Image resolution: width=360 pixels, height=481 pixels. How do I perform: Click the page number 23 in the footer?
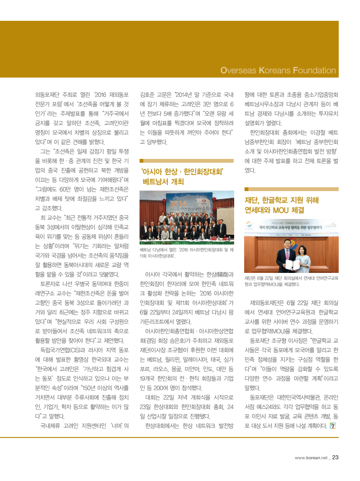pos(335,457)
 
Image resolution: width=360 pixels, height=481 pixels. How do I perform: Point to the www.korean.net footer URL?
pos(311,458)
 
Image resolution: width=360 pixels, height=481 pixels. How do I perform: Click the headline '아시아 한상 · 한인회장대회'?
pos(183,172)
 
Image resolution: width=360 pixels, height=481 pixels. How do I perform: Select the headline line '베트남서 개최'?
pos(163,182)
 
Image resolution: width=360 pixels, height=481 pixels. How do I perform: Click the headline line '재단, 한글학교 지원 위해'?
pos(281,199)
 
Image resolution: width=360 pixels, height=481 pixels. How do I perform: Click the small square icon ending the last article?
pos(333,425)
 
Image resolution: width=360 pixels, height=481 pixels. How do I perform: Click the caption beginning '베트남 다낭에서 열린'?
pos(186,252)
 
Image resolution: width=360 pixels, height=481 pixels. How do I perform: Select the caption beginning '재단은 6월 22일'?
pos(291,281)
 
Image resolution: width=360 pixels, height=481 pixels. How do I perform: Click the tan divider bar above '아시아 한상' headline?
pos(186,161)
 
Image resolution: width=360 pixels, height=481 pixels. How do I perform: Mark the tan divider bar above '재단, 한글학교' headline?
pos(291,189)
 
